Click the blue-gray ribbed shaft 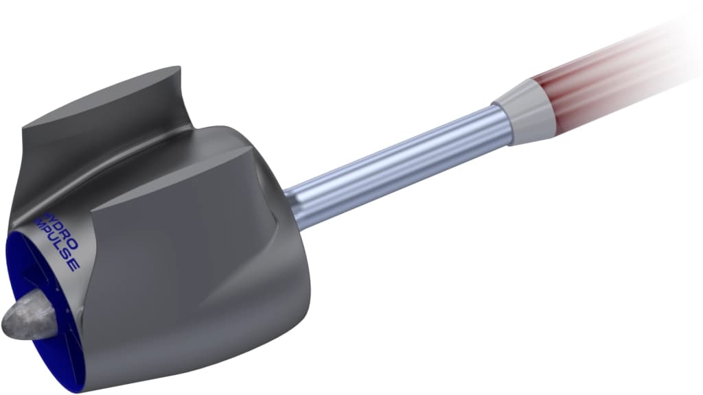(398, 165)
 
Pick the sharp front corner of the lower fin (92, 206)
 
